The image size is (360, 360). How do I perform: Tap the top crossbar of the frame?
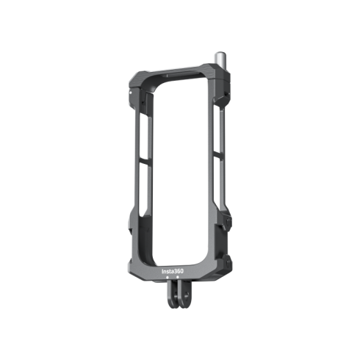click(176, 76)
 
